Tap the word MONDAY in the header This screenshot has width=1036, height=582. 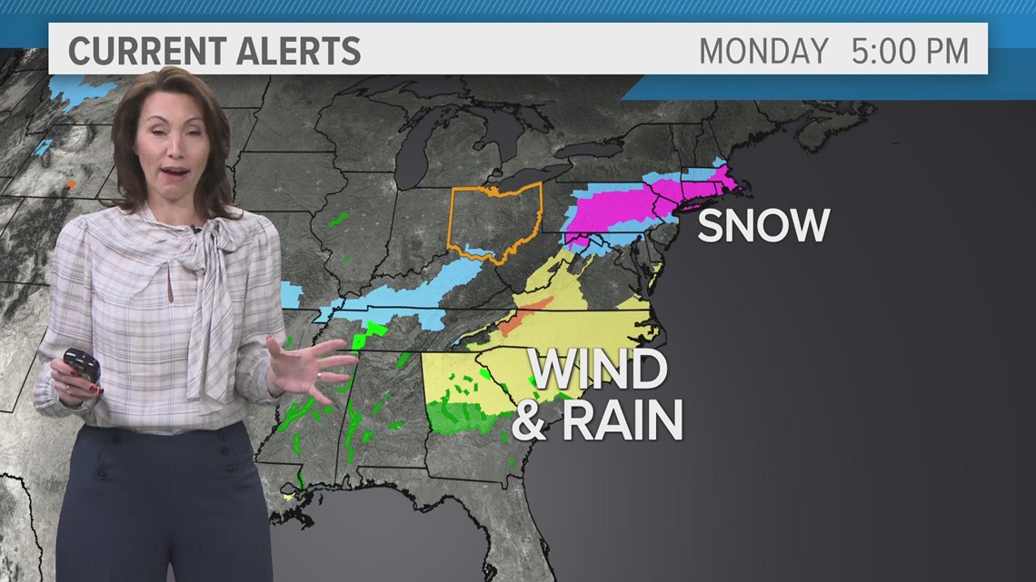[x=763, y=51]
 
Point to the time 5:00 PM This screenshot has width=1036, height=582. [x=909, y=51]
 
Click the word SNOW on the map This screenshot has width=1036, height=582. [x=762, y=225]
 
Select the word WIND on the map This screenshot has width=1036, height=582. [x=599, y=370]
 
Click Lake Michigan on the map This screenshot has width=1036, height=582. [x=413, y=150]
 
